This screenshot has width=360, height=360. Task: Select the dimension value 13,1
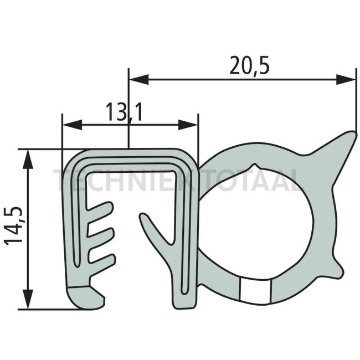123,112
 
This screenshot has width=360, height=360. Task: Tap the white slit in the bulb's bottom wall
254,289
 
